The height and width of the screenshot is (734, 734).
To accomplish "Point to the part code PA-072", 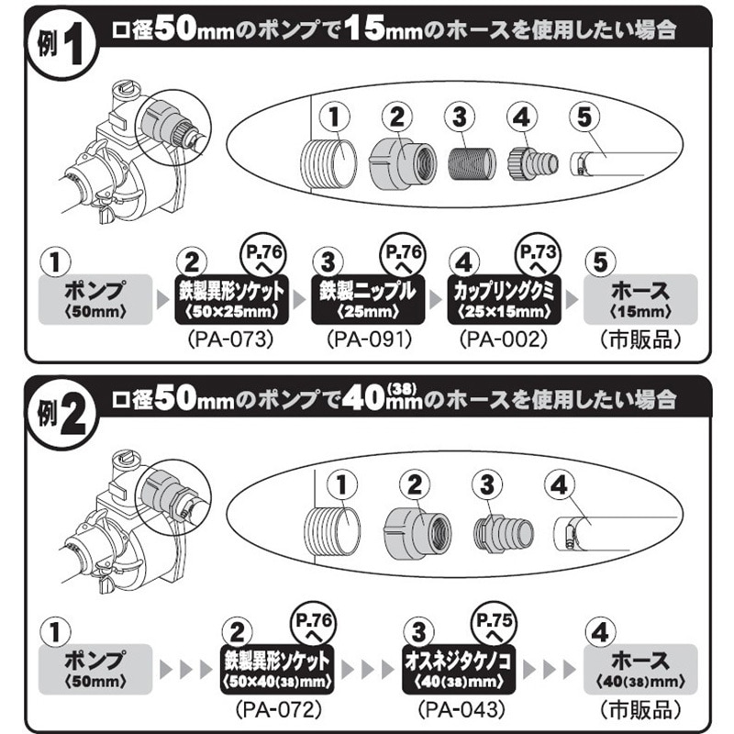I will tap(277, 709).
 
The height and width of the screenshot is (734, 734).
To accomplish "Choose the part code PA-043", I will tap(456, 709).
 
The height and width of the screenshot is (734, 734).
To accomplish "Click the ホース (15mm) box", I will tap(639, 299).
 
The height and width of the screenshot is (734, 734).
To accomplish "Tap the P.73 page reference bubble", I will tap(537, 256).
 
